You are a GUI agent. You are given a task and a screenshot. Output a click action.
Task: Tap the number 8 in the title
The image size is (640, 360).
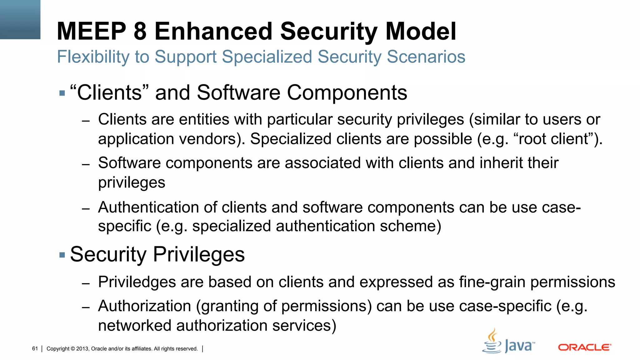tap(140, 31)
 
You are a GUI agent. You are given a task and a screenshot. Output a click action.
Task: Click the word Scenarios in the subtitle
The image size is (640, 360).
tap(426, 57)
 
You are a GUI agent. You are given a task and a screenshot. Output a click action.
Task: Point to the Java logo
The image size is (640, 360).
tap(508, 342)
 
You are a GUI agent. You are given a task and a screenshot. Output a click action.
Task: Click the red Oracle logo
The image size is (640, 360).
tap(584, 347)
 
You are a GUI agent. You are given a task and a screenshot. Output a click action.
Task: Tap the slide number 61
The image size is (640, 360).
tap(35, 349)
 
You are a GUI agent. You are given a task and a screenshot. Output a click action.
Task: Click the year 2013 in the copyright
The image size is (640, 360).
tap(82, 349)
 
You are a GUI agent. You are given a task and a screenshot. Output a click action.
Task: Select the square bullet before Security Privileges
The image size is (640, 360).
tap(62, 255)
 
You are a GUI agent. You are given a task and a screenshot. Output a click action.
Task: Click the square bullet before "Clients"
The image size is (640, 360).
tap(62, 93)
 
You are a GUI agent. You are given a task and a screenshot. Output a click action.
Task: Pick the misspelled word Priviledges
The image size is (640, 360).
tap(137, 282)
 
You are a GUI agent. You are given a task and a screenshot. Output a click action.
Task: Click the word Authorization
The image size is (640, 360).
tap(144, 306)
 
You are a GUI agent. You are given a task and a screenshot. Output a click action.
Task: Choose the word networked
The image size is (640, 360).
tap(135, 326)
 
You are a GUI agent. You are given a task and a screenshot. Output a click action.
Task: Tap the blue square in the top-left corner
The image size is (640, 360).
tap(20, 19)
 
